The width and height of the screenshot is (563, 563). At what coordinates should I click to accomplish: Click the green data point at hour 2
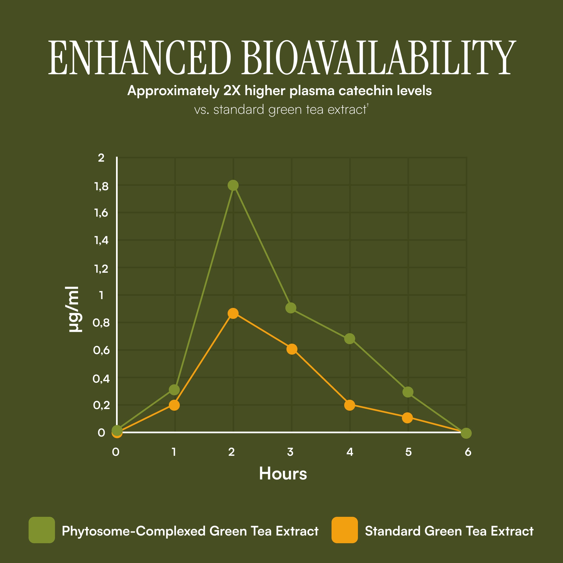[x=233, y=185]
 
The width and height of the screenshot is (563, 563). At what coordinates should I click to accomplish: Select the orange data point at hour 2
[x=233, y=313]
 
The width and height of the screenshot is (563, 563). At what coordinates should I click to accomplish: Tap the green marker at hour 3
[x=291, y=308]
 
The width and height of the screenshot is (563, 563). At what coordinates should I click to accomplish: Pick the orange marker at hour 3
[x=292, y=349]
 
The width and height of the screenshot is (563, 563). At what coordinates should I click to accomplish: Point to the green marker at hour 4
[x=349, y=339]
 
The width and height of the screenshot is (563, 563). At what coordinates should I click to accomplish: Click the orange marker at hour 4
[x=349, y=405]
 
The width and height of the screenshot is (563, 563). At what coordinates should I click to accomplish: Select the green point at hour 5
[x=408, y=392]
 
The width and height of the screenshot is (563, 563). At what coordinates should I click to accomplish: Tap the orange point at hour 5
[x=407, y=418]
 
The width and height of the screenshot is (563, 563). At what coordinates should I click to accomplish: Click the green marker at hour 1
[x=174, y=390]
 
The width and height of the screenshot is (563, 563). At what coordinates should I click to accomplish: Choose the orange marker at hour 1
[x=174, y=405]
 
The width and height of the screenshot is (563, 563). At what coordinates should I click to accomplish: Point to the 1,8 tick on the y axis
[x=101, y=186]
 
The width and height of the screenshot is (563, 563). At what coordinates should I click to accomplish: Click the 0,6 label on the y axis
[x=101, y=350]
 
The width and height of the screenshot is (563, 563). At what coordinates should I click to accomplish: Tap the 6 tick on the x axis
[x=468, y=452]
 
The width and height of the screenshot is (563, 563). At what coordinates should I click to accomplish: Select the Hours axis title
[x=283, y=474]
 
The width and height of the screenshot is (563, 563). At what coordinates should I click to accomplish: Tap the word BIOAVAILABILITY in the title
[x=379, y=57]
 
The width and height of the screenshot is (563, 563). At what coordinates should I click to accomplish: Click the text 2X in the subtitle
[x=232, y=91]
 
